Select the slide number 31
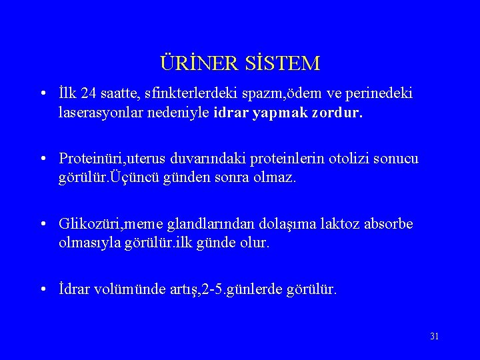click(x=435, y=336)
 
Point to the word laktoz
click(x=337, y=223)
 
